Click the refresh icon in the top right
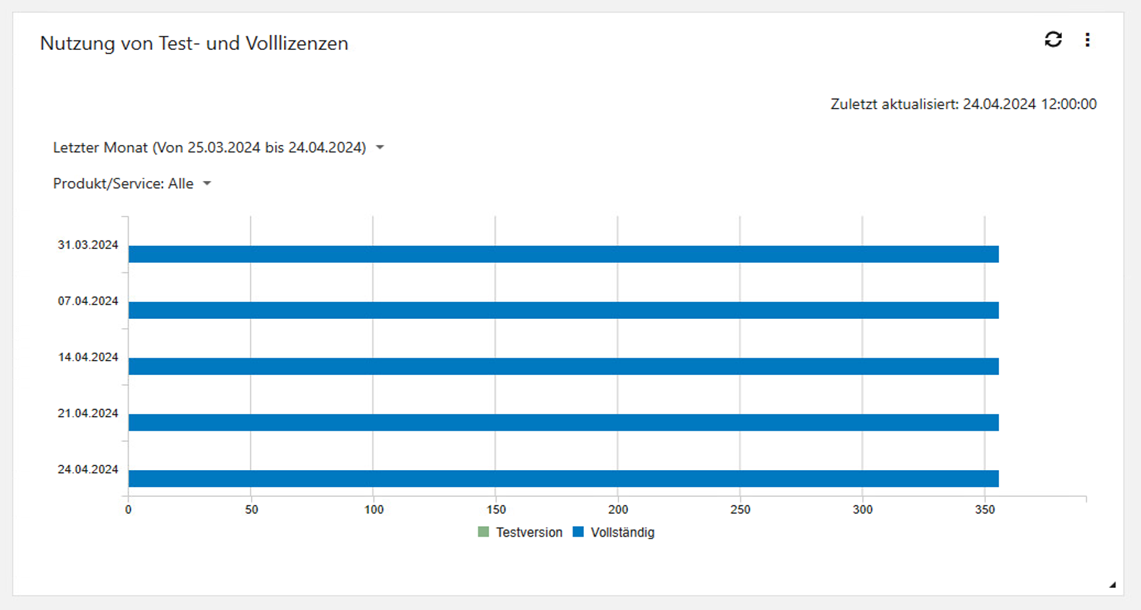(1053, 39)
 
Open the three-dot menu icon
(1087, 39)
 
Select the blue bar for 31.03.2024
(563, 254)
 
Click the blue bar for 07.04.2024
(563, 310)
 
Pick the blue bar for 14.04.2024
(563, 366)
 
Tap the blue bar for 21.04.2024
(563, 422)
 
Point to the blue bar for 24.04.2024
(563, 478)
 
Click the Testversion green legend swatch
(483, 532)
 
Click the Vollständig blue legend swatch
(578, 532)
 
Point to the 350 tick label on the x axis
(984, 510)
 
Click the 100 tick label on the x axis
(373, 510)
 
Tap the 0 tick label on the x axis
(128, 510)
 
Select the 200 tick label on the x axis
(618, 510)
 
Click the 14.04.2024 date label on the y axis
(88, 357)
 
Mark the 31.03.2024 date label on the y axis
(88, 245)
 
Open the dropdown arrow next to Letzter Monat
(380, 148)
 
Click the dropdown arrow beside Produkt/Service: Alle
(207, 184)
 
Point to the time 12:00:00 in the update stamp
(1069, 104)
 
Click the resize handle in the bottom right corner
(1112, 585)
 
